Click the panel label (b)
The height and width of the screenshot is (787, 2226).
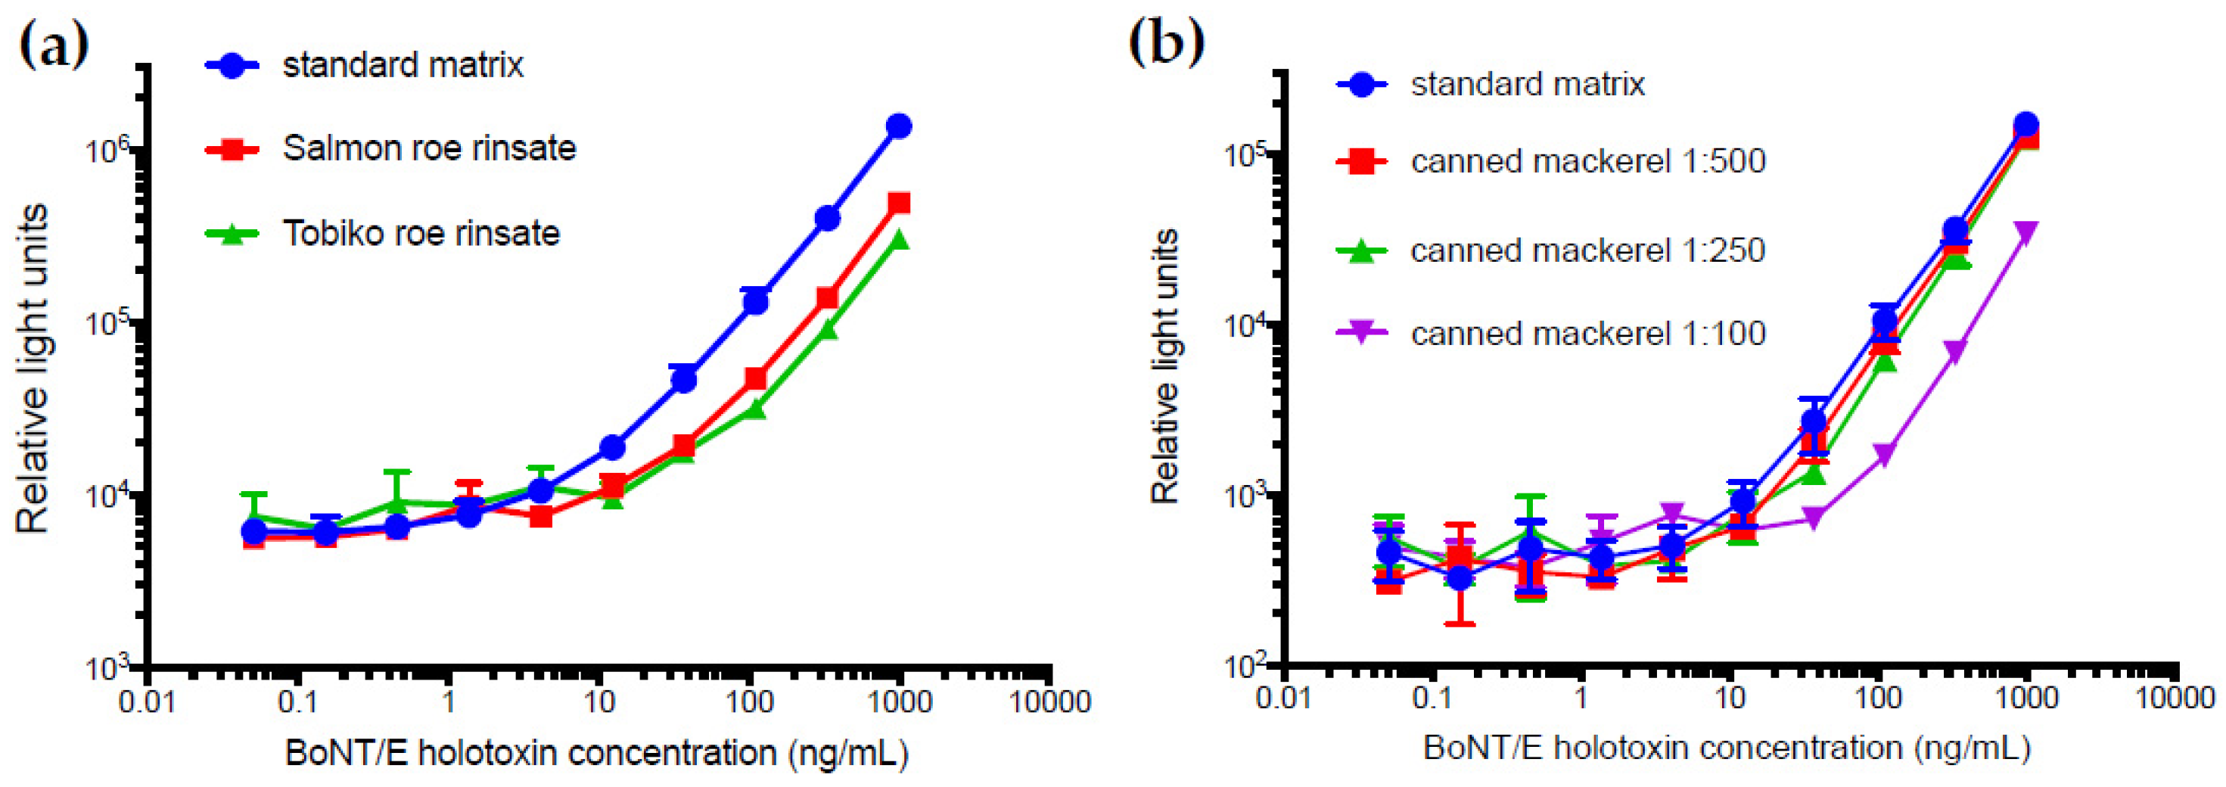click(1166, 41)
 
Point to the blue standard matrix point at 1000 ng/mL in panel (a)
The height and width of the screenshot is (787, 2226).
click(899, 126)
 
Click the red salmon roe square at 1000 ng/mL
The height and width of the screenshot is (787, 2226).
click(899, 203)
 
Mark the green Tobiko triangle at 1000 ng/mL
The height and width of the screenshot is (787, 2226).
click(899, 240)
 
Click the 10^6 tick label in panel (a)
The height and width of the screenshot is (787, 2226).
click(108, 151)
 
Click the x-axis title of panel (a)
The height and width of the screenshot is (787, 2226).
click(596, 753)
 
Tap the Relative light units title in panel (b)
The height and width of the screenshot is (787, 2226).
click(1166, 366)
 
